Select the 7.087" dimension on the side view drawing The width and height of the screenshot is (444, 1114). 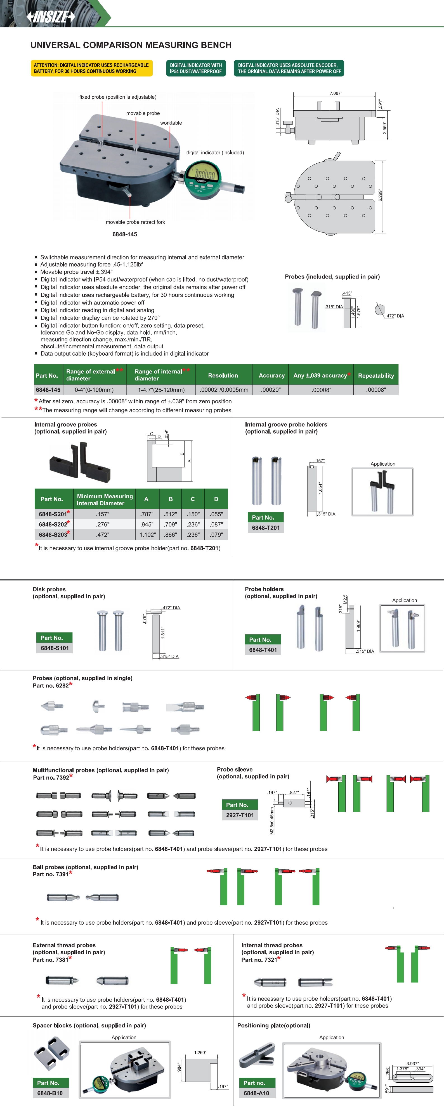[x=336, y=93]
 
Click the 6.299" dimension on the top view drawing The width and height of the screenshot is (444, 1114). [x=380, y=195]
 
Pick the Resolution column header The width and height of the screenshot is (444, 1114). [x=223, y=375]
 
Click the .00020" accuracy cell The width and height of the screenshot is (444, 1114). [x=271, y=390]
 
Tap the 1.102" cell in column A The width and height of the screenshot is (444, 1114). [x=147, y=534]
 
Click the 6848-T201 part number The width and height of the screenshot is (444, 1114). [x=266, y=528]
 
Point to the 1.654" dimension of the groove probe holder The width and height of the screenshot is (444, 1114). [x=320, y=489]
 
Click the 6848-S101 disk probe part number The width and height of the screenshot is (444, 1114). [x=55, y=648]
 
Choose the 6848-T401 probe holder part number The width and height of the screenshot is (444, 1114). [x=263, y=649]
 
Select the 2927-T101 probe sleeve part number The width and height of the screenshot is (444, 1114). [x=240, y=815]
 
